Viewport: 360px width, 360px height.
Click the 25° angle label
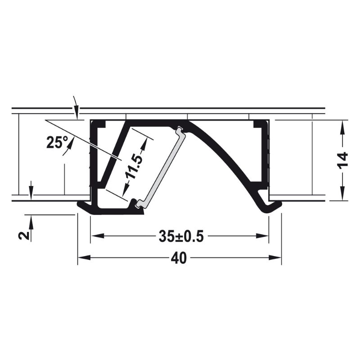[57, 142]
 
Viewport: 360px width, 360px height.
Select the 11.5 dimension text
[134, 164]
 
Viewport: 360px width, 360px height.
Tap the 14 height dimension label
[343, 160]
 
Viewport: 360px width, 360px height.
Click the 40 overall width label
[179, 258]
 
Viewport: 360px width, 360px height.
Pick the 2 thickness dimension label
[24, 235]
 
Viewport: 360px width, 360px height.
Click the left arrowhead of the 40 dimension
[84, 258]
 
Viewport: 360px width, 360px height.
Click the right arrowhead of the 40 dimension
[275, 258]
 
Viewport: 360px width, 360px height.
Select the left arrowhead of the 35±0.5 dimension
[98, 236]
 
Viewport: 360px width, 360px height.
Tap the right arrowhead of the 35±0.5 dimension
[262, 236]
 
